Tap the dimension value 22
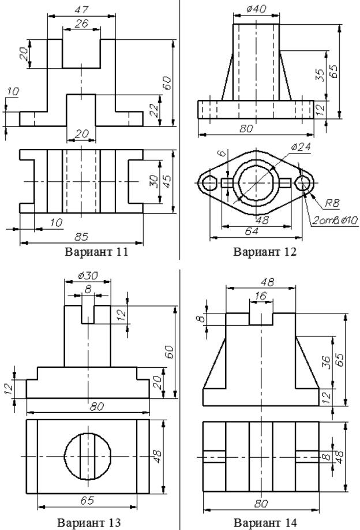[x=155, y=110]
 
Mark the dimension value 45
[x=167, y=181]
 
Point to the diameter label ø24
[x=300, y=147]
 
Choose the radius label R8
[x=331, y=203]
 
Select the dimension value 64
[x=252, y=230]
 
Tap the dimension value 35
[x=320, y=75]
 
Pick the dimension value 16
[x=260, y=294]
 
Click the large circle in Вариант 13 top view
[x=87, y=456]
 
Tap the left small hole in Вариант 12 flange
[x=208, y=182]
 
